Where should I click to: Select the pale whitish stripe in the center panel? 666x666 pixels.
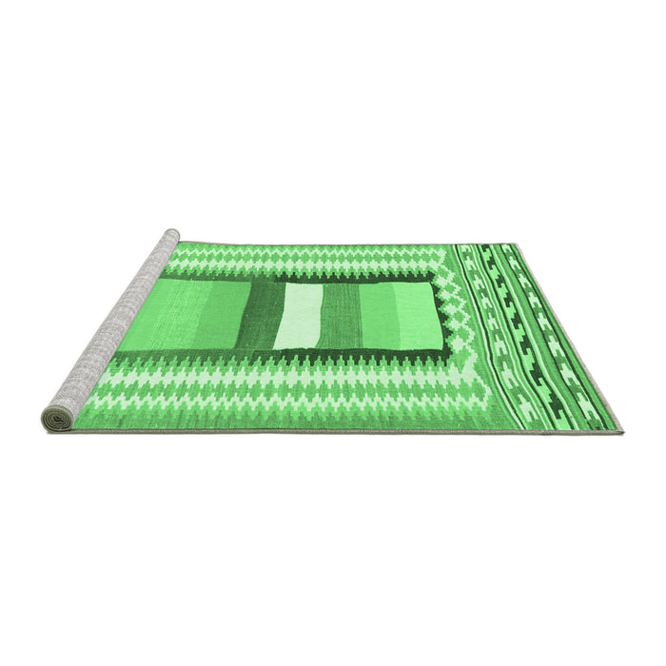coord(301,316)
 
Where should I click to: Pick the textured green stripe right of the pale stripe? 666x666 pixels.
coord(341,315)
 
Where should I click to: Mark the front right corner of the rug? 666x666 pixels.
coord(620,432)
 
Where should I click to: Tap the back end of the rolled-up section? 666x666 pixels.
coord(171,234)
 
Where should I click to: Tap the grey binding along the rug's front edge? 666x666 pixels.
coord(333,430)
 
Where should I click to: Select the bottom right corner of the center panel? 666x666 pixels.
coord(447,350)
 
